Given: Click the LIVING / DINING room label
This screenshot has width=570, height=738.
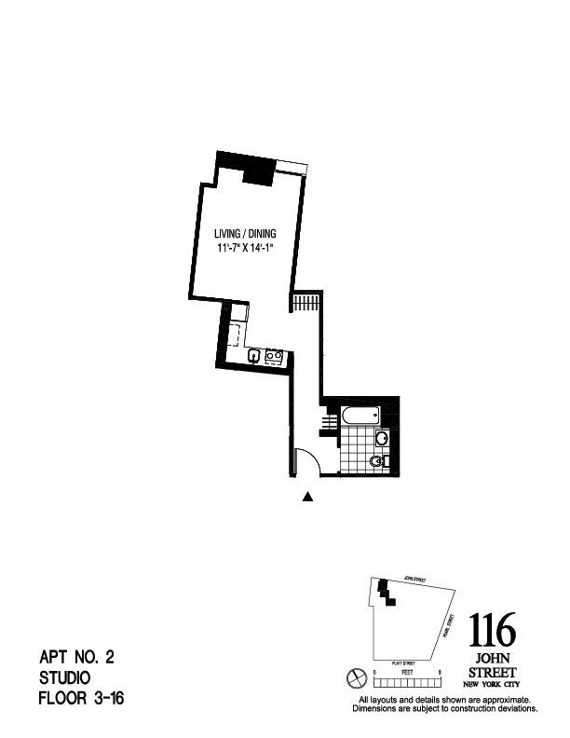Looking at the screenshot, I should coord(246,235).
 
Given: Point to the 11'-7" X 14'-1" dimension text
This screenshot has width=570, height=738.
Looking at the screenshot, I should coord(246,249).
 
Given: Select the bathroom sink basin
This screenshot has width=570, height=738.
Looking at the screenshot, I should coord(381,438).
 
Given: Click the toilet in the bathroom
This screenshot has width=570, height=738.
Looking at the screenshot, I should coord(377,461).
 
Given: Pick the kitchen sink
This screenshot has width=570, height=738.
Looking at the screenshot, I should coord(253,355).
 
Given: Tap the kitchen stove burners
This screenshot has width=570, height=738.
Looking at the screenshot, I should coord(274,355).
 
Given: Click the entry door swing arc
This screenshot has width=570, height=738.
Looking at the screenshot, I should coord(308,459).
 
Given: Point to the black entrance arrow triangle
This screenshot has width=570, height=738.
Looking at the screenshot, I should coord(308,497).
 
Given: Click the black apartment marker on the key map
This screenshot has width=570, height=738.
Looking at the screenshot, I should coord(385,593).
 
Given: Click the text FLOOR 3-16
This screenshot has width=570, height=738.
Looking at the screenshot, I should coord(81,698).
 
